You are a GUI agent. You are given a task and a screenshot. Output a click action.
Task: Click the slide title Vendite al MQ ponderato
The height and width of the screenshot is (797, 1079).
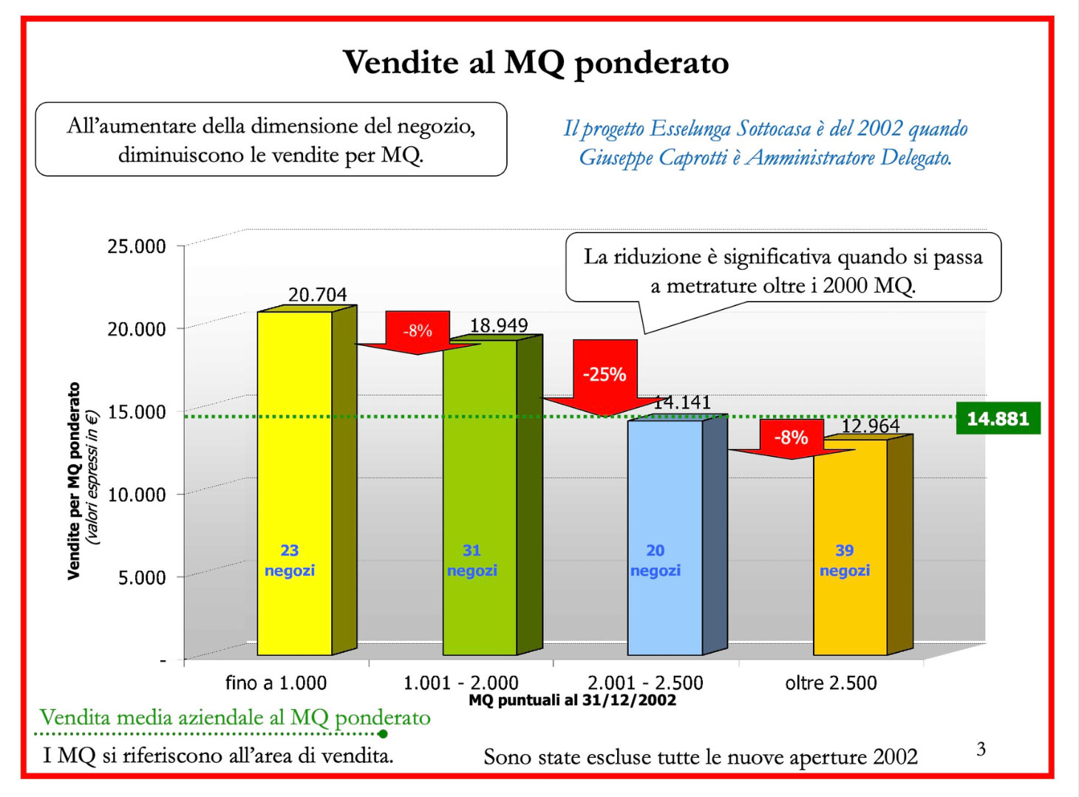pos(536,63)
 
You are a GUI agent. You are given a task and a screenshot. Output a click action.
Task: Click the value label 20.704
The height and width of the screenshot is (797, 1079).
pos(317,295)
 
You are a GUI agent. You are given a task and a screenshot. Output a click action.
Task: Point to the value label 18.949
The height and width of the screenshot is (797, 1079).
pos(499,325)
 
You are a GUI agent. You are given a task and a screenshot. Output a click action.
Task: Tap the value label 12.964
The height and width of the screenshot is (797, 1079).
pos(870,426)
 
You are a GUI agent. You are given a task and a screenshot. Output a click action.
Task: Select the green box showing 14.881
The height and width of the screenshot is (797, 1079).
pos(998,418)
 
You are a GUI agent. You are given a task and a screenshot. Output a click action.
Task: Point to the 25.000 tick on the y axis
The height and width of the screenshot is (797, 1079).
pos(137,246)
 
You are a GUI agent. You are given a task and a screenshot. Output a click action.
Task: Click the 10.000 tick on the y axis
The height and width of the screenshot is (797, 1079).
pos(137,494)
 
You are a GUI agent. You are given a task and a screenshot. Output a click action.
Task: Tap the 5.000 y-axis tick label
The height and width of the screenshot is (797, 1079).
pos(142,577)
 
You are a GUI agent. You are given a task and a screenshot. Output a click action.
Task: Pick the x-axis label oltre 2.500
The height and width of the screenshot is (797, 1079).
pos(831,682)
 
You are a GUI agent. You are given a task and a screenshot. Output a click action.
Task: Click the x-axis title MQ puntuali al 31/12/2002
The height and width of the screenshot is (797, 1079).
pos(572,700)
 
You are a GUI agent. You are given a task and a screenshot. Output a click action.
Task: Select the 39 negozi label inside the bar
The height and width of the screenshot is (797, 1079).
pos(845,560)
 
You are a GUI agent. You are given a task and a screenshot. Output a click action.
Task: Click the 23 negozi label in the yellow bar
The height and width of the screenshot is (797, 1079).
pos(290,560)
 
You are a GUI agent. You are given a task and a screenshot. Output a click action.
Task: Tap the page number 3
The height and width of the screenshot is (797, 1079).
pos(981,749)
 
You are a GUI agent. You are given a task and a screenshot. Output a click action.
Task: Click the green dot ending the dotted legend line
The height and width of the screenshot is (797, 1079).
pos(383,734)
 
